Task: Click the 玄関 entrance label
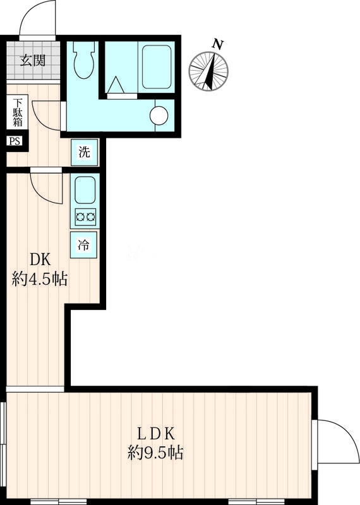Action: coord(33,60)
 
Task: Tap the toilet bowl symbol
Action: coord(84,60)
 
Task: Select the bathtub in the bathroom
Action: coord(157,67)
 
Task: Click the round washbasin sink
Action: coord(159,116)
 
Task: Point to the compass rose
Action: coord(208,71)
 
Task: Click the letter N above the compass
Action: coord(218,44)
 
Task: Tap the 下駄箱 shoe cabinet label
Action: coord(18,112)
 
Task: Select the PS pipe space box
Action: coord(15,141)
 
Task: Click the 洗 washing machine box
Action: coord(85,152)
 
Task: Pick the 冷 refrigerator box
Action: coord(83,245)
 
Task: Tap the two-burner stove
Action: coord(85,217)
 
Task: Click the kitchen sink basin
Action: coord(85,191)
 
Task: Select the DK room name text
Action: coord(40,259)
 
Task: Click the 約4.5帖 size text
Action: coord(40,279)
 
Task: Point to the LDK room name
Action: coord(156,434)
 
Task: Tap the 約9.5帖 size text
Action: coord(155,453)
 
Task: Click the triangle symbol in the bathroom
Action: coord(116,85)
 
